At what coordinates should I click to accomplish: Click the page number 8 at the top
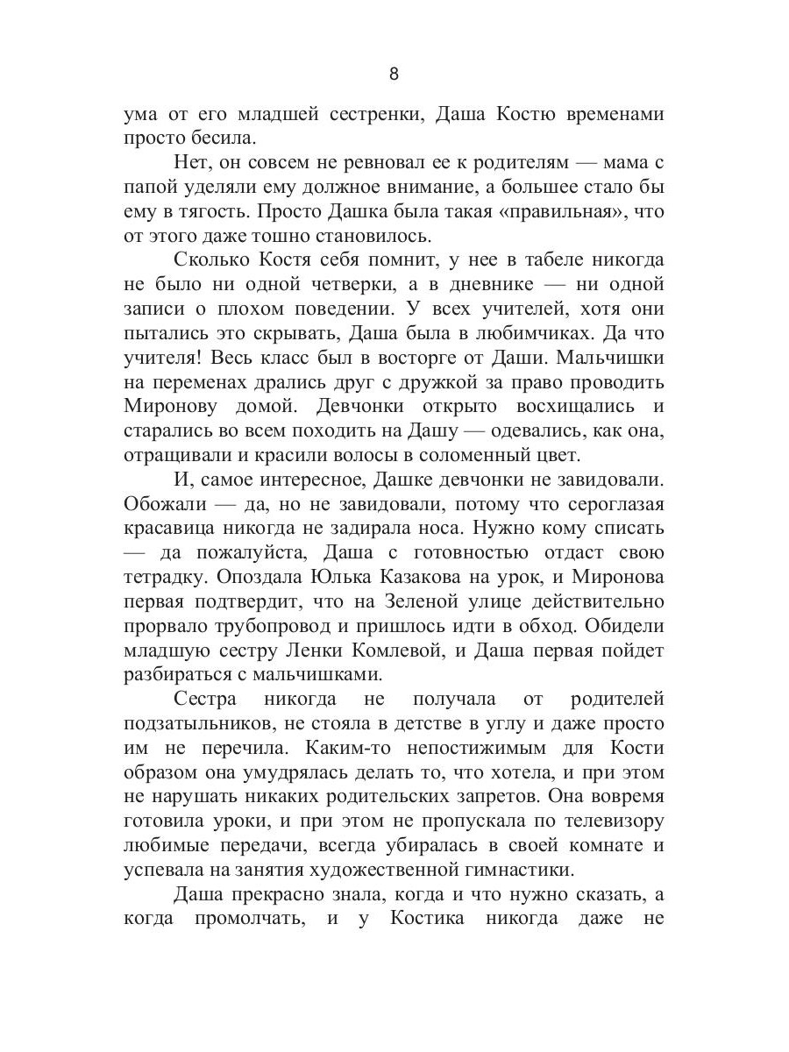click(394, 74)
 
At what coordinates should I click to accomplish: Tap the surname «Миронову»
click(173, 407)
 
